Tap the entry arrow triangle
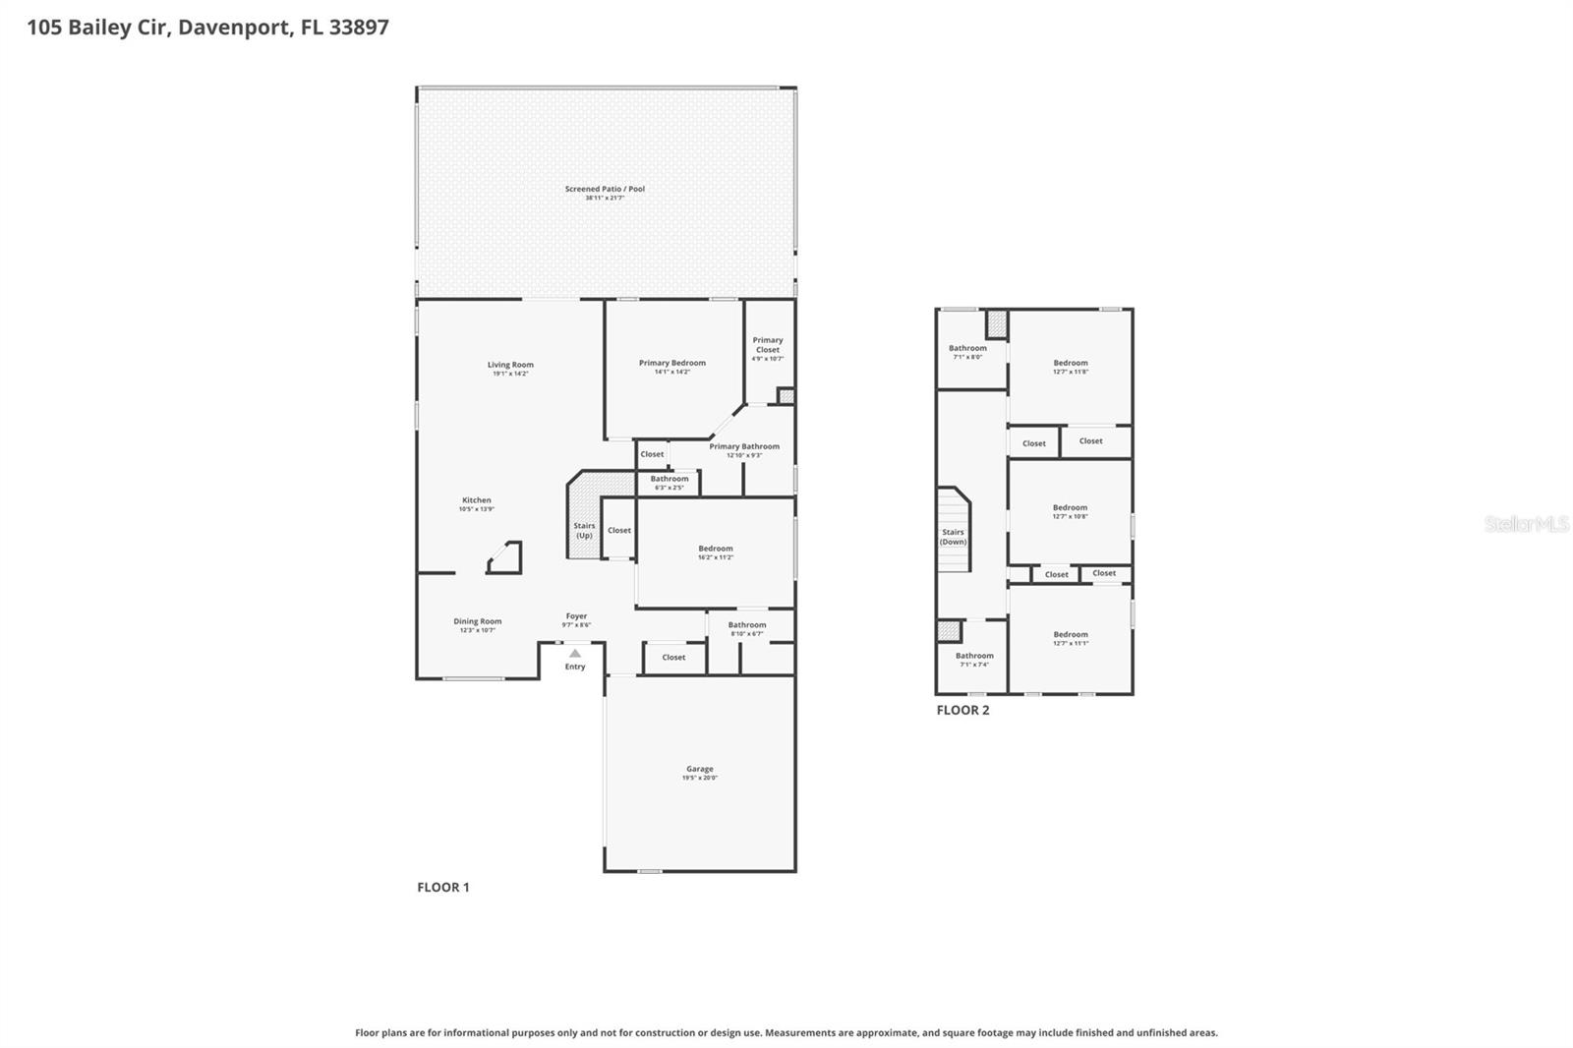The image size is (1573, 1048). click(x=575, y=653)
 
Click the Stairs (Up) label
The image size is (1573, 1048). click(x=584, y=530)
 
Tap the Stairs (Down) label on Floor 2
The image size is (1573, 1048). click(x=953, y=537)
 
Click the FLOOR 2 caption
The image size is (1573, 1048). click(x=962, y=710)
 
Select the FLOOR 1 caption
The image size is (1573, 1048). click(x=443, y=887)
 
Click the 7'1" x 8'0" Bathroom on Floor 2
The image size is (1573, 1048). click(x=967, y=351)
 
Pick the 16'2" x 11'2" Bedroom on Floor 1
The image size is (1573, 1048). click(x=716, y=552)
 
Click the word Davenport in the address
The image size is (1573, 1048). click(x=234, y=27)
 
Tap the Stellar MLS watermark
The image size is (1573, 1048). click(x=1526, y=524)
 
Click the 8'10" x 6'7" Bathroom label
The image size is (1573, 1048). click(x=747, y=628)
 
